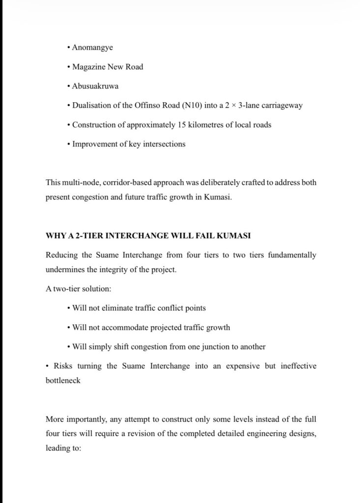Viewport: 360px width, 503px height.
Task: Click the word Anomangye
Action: (92, 47)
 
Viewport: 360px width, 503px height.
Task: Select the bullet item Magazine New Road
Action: (108, 67)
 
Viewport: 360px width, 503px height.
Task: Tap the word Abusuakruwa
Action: (95, 86)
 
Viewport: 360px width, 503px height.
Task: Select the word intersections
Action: (164, 144)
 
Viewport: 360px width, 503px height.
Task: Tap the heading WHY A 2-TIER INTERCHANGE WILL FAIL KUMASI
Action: (148, 236)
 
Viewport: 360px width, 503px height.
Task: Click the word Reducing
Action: (61, 255)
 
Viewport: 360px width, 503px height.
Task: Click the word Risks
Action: (64, 366)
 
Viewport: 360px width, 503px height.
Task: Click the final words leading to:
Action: (63, 448)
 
